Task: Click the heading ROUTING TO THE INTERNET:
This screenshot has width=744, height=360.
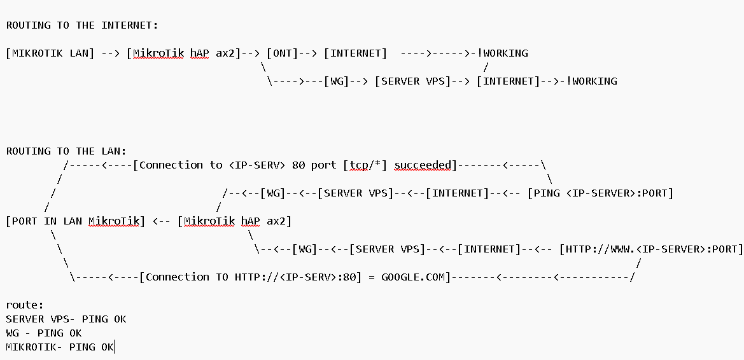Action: [82, 25]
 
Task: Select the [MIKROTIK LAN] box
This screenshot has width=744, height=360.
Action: [50, 53]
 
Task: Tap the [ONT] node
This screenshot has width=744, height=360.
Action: [283, 53]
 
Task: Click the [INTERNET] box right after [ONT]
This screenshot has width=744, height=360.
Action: [355, 53]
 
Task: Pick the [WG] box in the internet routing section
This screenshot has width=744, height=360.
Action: [337, 81]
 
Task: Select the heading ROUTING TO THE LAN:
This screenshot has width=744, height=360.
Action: [66, 151]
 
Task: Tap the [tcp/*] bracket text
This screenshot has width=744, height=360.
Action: [365, 165]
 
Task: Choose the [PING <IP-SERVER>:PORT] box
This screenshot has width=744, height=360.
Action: [600, 193]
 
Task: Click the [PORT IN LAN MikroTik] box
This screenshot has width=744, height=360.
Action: [76, 221]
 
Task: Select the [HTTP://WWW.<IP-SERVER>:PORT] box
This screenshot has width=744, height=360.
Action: [651, 249]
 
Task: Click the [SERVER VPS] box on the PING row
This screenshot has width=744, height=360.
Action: [356, 193]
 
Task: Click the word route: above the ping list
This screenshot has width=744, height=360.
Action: [25, 305]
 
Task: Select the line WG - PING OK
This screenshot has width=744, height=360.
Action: [44, 333]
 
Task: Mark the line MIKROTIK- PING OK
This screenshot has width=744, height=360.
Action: [60, 347]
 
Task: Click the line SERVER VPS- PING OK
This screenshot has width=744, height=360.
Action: [66, 319]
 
